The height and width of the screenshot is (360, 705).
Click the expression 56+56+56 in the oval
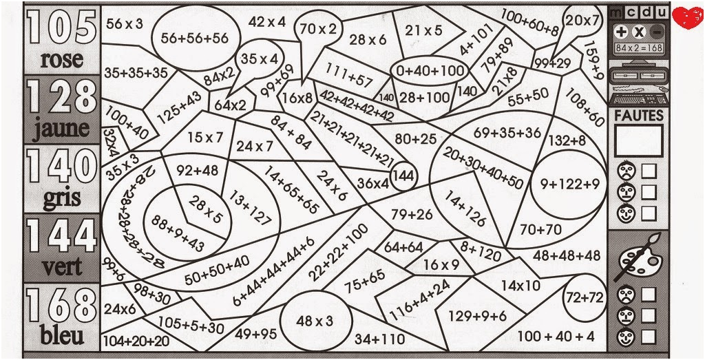point(194,39)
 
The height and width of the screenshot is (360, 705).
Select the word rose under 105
point(61,61)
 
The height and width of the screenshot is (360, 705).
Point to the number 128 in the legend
point(61,98)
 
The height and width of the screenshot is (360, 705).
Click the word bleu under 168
point(62,336)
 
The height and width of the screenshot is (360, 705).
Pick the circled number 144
point(404,176)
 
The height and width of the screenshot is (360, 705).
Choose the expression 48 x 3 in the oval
point(315,321)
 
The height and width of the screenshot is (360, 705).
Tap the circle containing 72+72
point(584,298)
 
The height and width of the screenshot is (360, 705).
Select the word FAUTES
point(638,116)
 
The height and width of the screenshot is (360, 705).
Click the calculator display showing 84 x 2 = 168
point(638,47)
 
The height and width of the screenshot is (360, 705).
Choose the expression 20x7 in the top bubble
point(583,21)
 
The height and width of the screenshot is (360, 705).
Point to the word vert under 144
point(61,267)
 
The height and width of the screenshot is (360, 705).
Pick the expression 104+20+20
point(136,341)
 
